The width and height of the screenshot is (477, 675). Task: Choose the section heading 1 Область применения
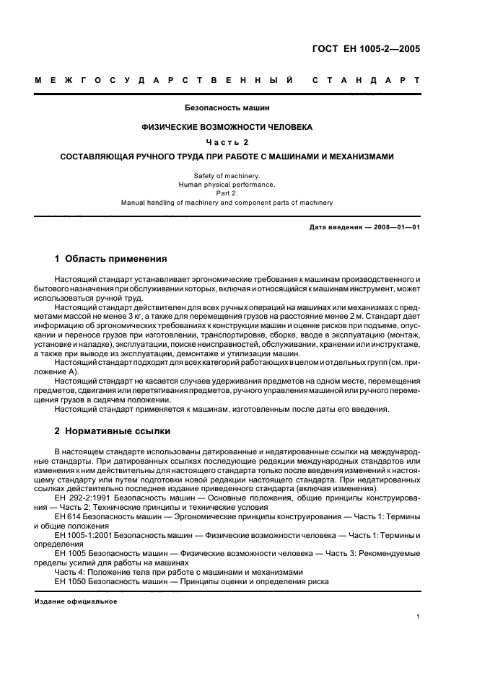pos(111,259)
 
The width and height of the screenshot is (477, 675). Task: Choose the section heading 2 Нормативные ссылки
pos(113,431)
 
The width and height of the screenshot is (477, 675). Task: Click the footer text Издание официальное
pos(76,601)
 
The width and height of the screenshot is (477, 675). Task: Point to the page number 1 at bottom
pos(419,617)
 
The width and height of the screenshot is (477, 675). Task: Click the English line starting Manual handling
pos(227,203)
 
